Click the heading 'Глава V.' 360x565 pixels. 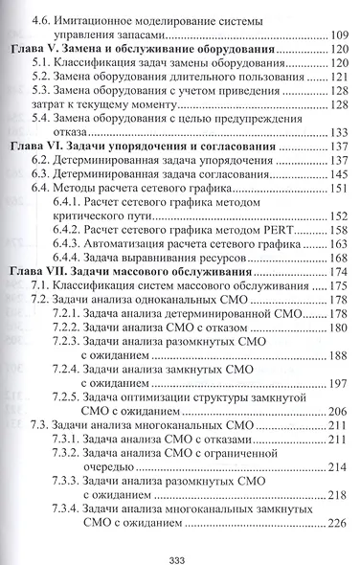click(x=43, y=48)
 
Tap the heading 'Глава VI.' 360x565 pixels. click(x=46, y=147)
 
